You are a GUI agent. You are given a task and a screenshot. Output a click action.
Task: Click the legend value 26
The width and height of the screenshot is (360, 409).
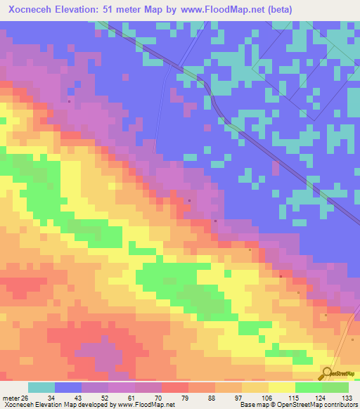coord(26,398)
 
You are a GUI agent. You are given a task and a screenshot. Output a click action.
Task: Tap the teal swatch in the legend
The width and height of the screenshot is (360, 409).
coord(41,387)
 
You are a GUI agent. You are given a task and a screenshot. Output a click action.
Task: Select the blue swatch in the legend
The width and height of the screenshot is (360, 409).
coord(68,387)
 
